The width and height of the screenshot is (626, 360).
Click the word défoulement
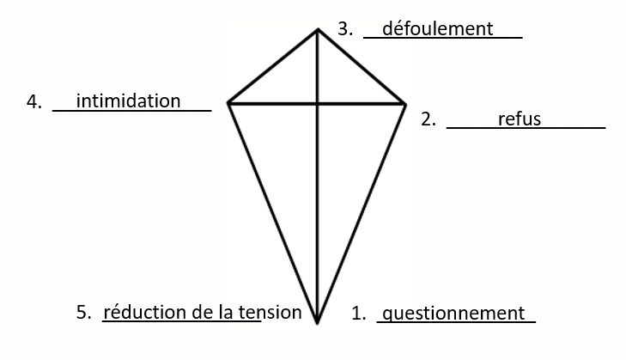438,28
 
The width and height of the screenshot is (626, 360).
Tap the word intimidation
128,101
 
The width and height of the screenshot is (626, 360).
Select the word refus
520,119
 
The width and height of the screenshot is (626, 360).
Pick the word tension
270,313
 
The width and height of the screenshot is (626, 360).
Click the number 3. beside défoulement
345,28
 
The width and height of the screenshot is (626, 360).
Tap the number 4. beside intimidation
34,101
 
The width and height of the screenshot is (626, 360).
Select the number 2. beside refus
428,119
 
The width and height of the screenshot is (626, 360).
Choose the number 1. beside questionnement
359,314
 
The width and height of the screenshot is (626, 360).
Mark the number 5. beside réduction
84,312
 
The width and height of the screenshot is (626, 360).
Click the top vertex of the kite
318,29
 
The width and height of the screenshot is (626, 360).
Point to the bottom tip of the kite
318,323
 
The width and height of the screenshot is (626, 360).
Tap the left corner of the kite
228,103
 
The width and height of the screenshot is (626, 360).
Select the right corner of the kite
405,104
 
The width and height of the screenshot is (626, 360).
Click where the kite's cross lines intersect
318,104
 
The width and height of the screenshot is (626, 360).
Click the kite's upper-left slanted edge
273,66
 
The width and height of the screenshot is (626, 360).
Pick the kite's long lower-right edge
362,214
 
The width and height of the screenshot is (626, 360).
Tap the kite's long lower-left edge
273,213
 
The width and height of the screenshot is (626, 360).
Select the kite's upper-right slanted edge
362,67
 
